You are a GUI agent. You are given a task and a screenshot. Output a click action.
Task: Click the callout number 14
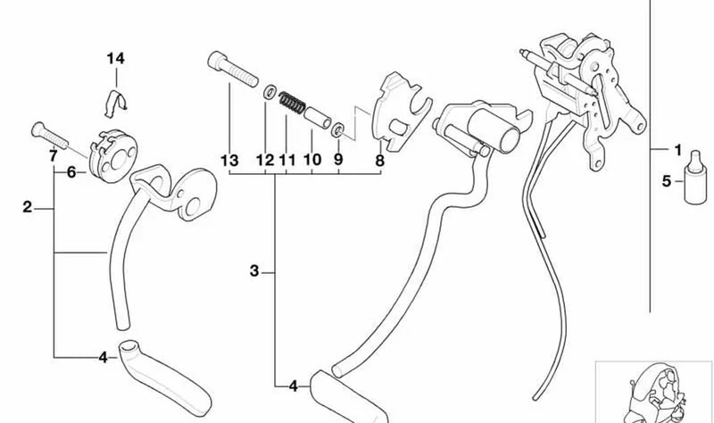[116, 59]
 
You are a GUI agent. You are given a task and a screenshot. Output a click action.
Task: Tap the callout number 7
[54, 156]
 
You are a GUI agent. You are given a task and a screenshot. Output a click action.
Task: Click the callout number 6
[71, 172]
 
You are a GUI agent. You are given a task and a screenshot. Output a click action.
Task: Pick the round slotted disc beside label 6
[113, 155]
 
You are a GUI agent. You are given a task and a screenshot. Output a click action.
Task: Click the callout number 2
[28, 207]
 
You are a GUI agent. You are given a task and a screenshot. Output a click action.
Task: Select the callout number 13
[229, 161]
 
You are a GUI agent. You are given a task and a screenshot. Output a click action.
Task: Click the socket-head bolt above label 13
[233, 69]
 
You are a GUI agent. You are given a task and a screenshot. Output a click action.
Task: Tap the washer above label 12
[270, 92]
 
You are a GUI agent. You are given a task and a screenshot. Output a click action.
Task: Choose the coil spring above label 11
[292, 104]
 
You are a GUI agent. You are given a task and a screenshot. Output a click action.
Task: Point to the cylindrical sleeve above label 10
[318, 118]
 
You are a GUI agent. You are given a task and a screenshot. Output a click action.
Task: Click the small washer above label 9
[338, 130]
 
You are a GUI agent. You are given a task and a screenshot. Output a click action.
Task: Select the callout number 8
[380, 161]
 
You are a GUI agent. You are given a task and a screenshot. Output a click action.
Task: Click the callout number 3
[254, 271]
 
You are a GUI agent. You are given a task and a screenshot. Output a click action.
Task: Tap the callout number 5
[667, 181]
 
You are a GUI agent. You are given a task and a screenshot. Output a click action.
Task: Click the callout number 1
[678, 150]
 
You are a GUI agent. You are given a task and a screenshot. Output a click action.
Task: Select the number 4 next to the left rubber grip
[103, 358]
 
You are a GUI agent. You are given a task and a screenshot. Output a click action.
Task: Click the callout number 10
[311, 160]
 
